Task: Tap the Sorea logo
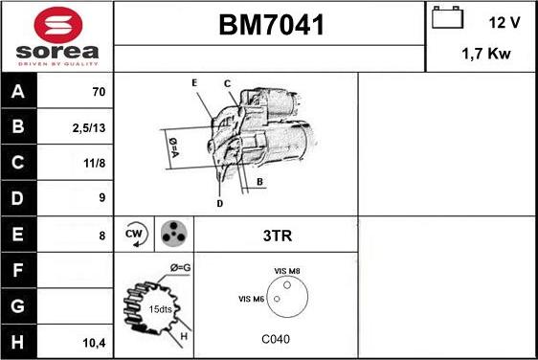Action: pos(56,35)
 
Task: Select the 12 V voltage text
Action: pos(504,21)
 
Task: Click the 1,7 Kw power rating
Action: pos(485,55)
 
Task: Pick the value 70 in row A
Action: pos(98,93)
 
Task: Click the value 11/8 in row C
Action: pos(94,164)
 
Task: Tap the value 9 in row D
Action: pos(101,199)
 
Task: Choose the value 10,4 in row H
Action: pos(94,341)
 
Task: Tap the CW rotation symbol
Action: pos(134,235)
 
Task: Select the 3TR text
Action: pos(276,235)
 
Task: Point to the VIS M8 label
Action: pos(287,271)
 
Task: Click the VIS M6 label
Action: pos(251,300)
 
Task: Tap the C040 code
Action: pos(276,339)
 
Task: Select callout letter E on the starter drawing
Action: pos(194,83)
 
